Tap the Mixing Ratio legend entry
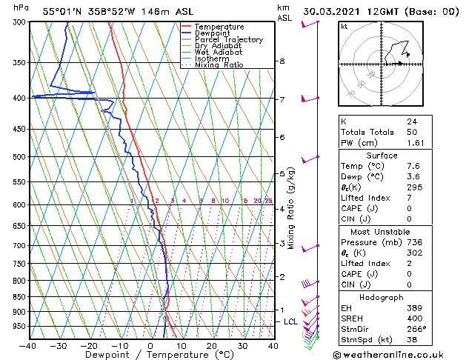(x=219, y=65)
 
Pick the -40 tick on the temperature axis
(x=28, y=345)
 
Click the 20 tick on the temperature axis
(x=211, y=345)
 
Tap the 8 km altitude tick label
(x=282, y=61)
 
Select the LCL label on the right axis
(x=290, y=321)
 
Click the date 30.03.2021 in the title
(x=333, y=12)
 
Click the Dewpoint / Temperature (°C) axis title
(x=152, y=355)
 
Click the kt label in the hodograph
(x=344, y=26)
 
